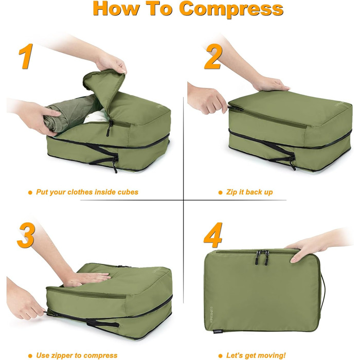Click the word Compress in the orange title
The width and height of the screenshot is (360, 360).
[231, 9]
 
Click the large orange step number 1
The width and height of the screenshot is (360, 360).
[26, 56]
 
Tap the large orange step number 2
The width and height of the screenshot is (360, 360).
[213, 57]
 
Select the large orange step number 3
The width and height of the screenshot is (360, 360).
[26, 235]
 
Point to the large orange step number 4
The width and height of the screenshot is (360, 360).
[213, 235]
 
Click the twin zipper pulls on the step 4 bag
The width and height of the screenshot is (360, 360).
[262, 257]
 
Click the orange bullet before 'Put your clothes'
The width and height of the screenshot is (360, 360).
[30, 192]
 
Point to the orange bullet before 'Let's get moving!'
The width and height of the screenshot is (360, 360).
[221, 356]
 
